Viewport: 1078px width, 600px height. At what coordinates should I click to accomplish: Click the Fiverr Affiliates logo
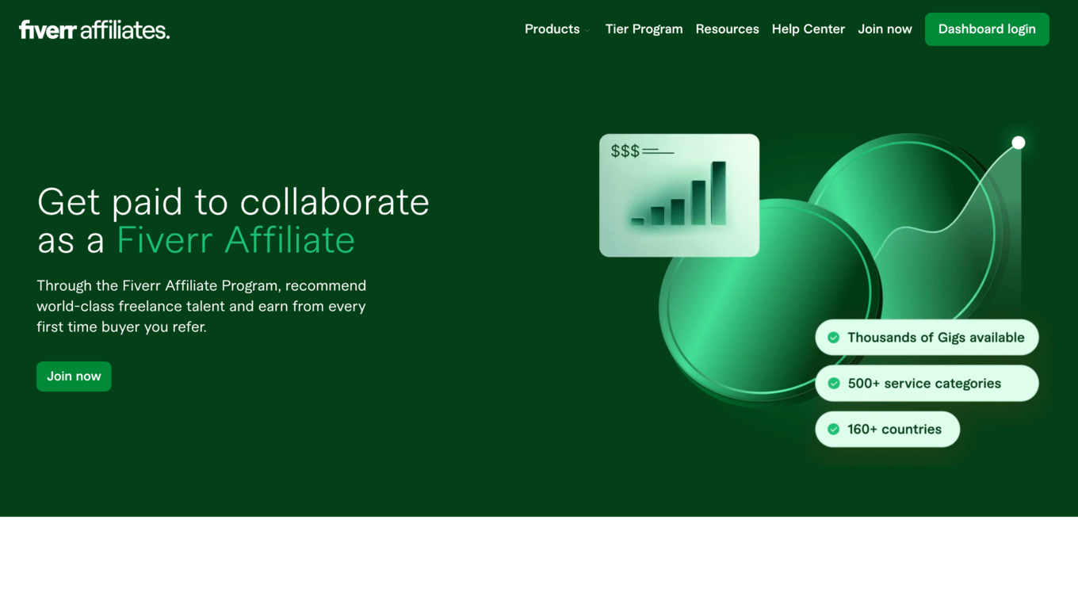pyautogui.click(x=94, y=30)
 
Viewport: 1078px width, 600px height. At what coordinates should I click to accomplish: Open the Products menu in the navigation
pyautogui.click(x=552, y=29)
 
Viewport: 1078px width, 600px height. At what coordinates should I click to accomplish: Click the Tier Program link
pyautogui.click(x=644, y=29)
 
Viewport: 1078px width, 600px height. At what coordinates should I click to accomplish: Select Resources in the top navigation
pyautogui.click(x=727, y=29)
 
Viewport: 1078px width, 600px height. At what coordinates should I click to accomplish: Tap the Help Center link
pyautogui.click(x=808, y=29)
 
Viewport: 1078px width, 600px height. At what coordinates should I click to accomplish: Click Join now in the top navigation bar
pyautogui.click(x=885, y=29)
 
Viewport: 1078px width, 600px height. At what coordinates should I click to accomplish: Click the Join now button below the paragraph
pyautogui.click(x=74, y=376)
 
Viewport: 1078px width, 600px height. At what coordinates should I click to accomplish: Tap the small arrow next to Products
pyautogui.click(x=587, y=30)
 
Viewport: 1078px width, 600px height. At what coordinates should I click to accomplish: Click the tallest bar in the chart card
pyautogui.click(x=718, y=193)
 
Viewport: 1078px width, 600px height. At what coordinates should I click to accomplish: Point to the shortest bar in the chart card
pyautogui.click(x=637, y=221)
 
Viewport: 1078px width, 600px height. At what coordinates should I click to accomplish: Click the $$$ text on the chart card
pyautogui.click(x=625, y=151)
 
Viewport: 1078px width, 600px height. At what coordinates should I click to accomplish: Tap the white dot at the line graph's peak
pyautogui.click(x=1018, y=143)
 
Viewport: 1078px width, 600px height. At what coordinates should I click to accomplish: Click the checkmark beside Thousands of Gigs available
pyautogui.click(x=834, y=338)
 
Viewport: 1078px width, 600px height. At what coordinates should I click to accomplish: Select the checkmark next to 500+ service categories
pyautogui.click(x=834, y=384)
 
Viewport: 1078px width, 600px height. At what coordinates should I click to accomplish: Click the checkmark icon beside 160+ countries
pyautogui.click(x=834, y=429)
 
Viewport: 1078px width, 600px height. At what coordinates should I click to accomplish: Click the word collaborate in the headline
pyautogui.click(x=334, y=202)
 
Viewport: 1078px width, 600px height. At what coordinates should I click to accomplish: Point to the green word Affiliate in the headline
pyautogui.click(x=290, y=240)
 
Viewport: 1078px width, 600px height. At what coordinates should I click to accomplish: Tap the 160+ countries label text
pyautogui.click(x=894, y=429)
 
